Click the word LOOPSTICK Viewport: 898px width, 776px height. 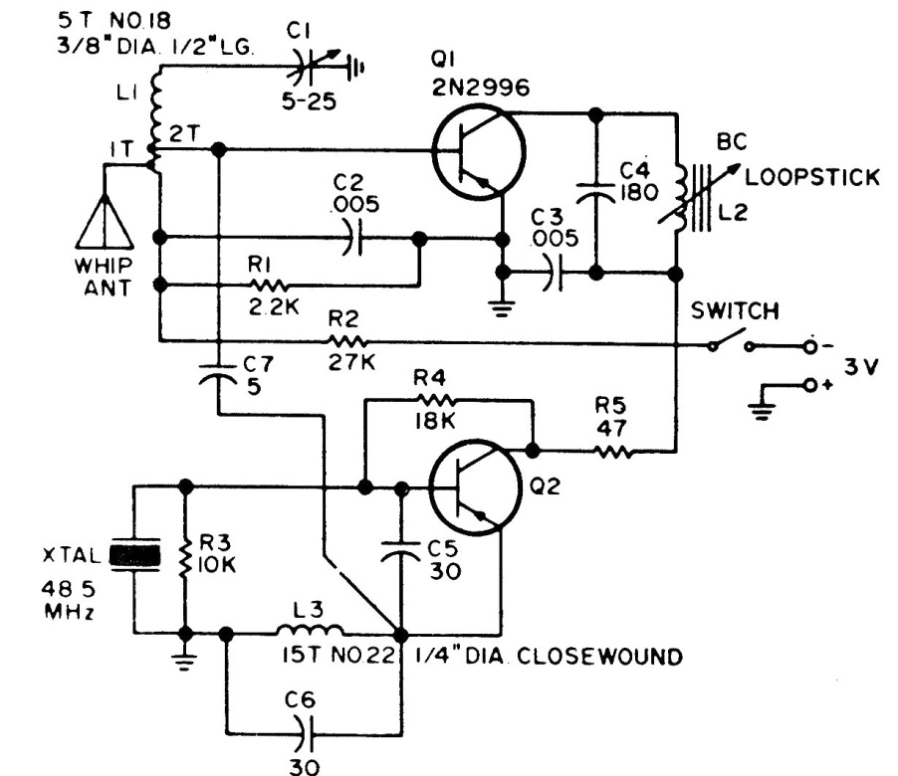pos(810,178)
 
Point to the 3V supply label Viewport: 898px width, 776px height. pos(864,368)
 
